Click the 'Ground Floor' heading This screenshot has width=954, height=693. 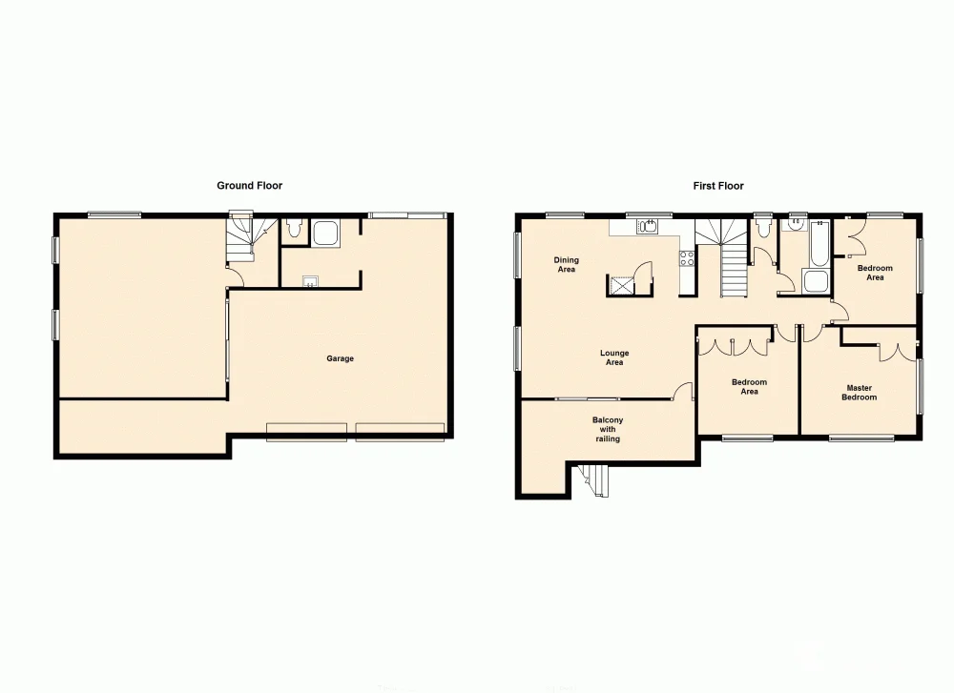coord(249,186)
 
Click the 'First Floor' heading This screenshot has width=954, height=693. coord(718,186)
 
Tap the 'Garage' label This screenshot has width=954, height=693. coord(341,359)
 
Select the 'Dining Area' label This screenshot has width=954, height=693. coord(567,264)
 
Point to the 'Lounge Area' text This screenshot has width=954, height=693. coord(614,357)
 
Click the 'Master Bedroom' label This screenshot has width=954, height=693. coord(859,392)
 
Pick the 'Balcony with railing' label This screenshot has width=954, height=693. coord(608,429)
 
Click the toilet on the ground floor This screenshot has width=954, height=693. coord(294,230)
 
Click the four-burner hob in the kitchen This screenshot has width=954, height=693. coord(686,257)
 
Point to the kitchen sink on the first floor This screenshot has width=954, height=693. coord(648,226)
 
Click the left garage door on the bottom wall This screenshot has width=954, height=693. coord(306,431)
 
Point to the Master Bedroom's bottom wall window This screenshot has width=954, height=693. coord(861,438)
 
